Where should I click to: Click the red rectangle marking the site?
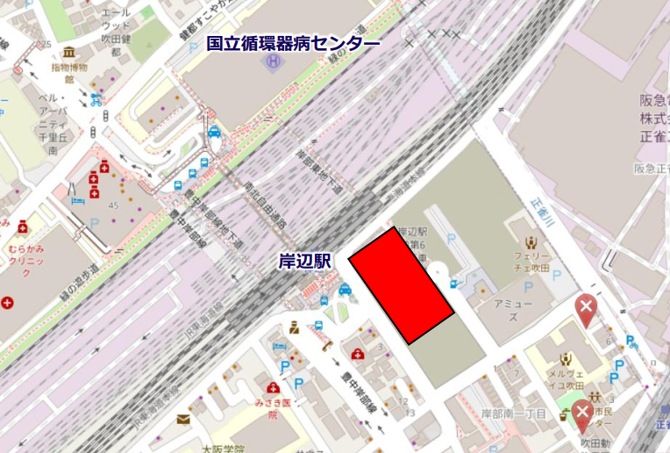(401, 285)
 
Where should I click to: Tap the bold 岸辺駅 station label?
(304, 261)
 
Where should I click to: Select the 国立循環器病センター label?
(293, 43)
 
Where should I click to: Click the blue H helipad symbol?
(273, 62)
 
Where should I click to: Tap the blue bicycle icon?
(96, 100)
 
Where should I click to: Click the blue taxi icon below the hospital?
(215, 133)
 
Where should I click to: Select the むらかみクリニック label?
(32, 262)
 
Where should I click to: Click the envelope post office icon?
(182, 419)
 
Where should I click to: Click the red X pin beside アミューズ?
(585, 308)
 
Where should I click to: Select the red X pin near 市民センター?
(582, 413)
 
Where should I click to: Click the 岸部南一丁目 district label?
(515, 413)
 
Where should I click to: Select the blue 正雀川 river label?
(543, 212)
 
